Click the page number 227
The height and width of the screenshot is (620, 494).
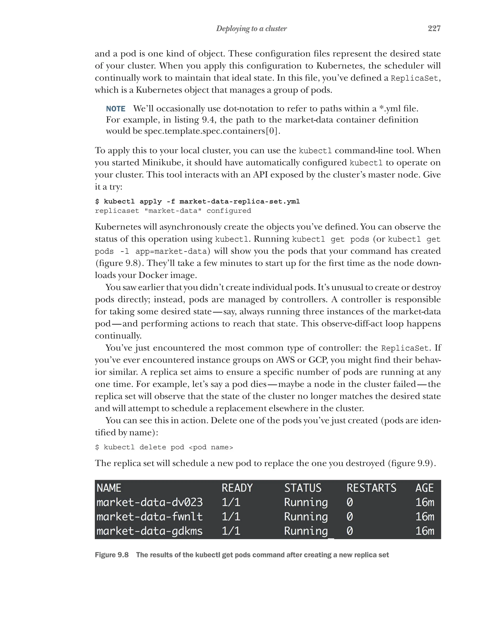[434, 28]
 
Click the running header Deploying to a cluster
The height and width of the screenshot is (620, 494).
[251, 28]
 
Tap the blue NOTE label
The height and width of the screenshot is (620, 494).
[116, 109]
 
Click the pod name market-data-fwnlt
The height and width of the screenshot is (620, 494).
[150, 516]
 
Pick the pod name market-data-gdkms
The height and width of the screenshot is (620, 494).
[150, 531]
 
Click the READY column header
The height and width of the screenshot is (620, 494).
[237, 488]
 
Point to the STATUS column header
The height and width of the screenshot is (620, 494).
[303, 488]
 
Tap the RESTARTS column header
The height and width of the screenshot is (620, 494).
[371, 488]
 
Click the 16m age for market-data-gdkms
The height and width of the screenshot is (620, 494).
[425, 531]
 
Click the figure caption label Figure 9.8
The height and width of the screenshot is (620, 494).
[111, 555]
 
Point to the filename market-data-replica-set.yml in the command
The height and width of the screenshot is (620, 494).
[239, 201]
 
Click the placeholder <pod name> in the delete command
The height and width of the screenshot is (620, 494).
[211, 447]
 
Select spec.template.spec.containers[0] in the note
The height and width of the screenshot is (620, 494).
[212, 131]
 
